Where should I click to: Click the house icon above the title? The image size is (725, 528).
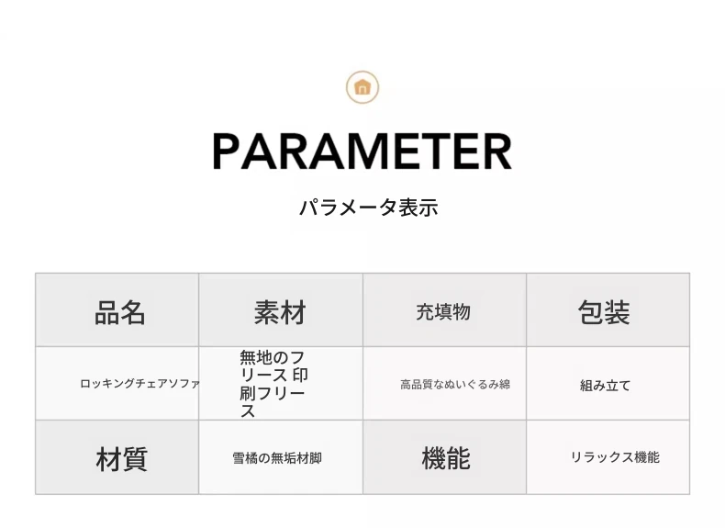(x=362, y=87)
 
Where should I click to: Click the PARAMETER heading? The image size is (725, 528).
(x=362, y=152)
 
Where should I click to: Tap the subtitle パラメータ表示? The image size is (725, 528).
(x=369, y=208)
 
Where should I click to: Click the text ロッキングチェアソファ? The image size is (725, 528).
(x=139, y=384)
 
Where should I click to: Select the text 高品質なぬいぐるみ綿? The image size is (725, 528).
(x=455, y=385)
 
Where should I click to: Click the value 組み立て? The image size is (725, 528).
(x=606, y=386)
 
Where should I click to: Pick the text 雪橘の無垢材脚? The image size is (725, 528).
(x=277, y=458)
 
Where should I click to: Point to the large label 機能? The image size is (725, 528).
(x=446, y=458)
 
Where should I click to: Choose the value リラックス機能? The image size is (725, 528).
(x=615, y=457)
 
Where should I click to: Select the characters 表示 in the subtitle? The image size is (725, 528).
(x=418, y=208)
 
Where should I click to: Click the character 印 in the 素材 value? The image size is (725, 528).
(x=300, y=376)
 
